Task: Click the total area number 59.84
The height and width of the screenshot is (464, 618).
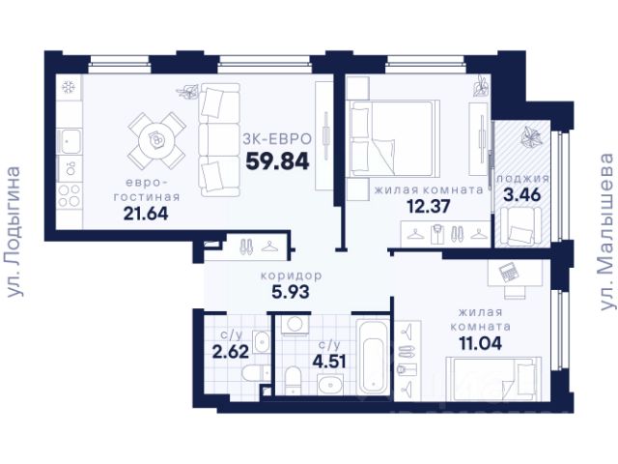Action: [277, 161]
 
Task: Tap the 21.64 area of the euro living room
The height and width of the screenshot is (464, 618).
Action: [146, 214]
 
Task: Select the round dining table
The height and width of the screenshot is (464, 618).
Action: [156, 140]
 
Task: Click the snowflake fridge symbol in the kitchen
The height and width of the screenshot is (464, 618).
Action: [69, 87]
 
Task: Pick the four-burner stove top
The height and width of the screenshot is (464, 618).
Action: [70, 195]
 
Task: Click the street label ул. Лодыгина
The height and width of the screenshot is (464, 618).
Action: [14, 232]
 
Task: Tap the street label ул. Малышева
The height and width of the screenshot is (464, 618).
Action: [607, 232]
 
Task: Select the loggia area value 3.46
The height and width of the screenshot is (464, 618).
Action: [522, 195]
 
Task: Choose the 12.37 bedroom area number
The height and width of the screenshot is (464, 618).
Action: [429, 206]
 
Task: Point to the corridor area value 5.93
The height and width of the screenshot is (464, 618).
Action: [291, 292]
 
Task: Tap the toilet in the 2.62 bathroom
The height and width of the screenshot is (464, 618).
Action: [255, 374]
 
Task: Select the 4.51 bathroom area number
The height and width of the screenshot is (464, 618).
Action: [329, 361]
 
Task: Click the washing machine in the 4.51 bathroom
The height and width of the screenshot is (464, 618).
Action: [295, 325]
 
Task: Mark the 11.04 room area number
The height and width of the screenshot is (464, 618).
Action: [481, 343]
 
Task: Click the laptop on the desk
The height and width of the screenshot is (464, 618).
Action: [508, 272]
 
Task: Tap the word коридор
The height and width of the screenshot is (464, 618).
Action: [292, 275]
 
